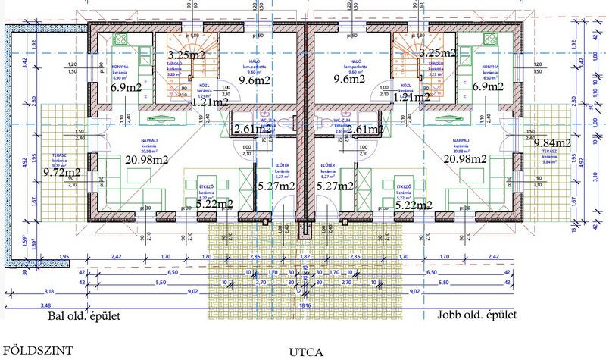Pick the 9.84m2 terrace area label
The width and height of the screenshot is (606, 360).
(x=551, y=143)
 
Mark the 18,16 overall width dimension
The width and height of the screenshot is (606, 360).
(x=306, y=305)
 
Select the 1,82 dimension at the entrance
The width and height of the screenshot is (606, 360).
(x=306, y=258)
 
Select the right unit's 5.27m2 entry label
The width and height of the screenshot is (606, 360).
(x=334, y=186)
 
